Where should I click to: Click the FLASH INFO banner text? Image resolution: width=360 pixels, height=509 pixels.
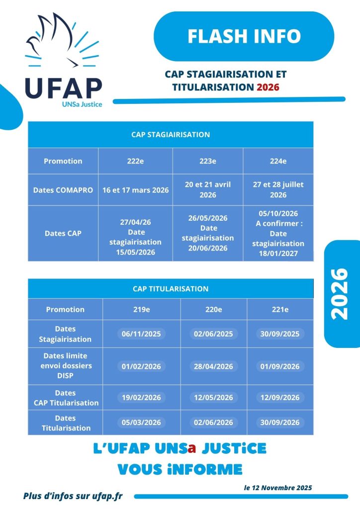click(244, 36)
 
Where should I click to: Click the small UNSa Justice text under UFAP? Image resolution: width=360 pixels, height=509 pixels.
click(82, 104)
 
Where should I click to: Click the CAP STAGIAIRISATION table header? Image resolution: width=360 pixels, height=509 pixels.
click(171, 135)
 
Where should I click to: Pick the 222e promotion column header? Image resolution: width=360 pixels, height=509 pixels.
click(135, 161)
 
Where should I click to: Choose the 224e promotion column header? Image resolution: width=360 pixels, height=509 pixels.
click(278, 161)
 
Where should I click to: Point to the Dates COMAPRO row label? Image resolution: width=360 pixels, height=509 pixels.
click(63, 190)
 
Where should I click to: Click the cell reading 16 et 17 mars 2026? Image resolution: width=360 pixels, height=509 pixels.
click(135, 190)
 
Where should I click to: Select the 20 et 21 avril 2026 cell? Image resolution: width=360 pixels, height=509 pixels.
click(208, 190)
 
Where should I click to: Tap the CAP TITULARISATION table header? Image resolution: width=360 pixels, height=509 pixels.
click(171, 289)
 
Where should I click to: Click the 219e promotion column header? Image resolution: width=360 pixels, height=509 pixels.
click(141, 309)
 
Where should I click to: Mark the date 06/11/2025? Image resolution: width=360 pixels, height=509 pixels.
click(141, 334)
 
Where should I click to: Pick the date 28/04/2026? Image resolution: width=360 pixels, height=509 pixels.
click(214, 366)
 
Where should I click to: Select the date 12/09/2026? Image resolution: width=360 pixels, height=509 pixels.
click(280, 398)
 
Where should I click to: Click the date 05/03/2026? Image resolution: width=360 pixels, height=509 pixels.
click(141, 423)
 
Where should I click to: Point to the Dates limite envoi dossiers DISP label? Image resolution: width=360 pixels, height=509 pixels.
click(65, 366)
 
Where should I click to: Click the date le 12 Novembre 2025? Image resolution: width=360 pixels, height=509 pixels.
click(278, 488)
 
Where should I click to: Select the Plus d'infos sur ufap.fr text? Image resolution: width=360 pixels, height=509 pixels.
click(73, 496)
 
